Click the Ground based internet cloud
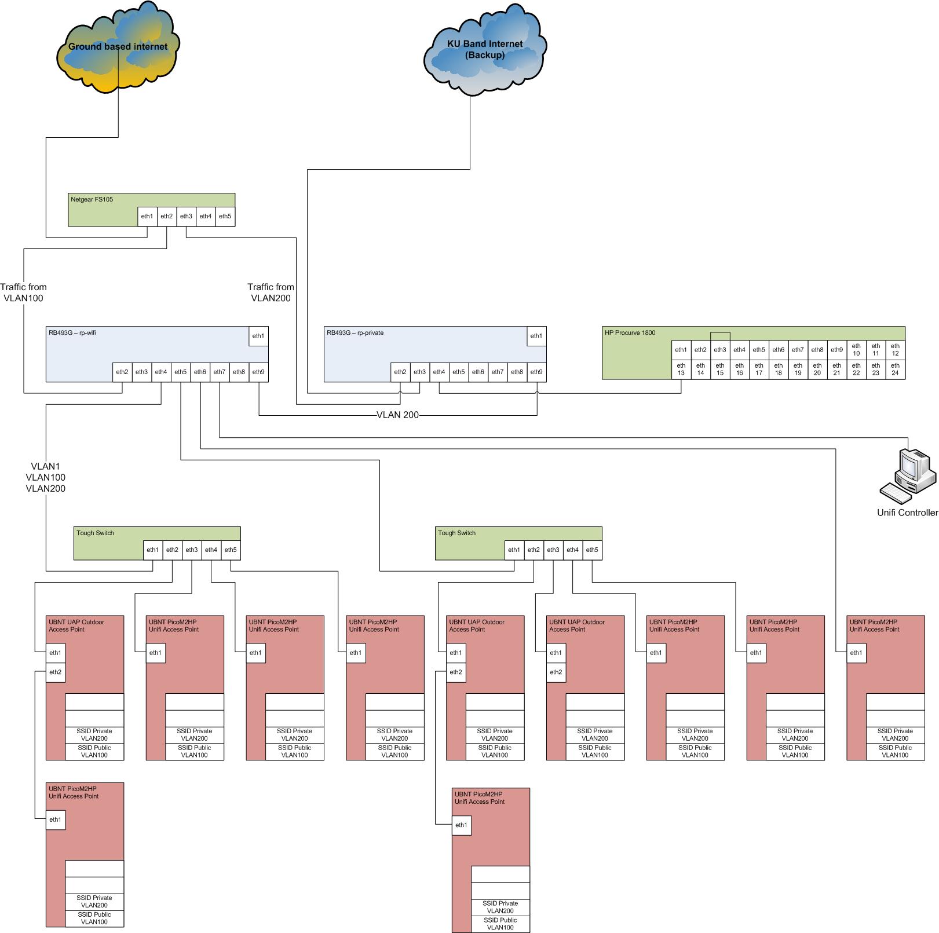click(118, 49)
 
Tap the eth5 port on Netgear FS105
click(225, 217)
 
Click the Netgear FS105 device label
click(92, 199)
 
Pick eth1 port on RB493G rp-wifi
click(258, 336)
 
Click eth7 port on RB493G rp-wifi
click(220, 372)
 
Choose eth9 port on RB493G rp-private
click(536, 372)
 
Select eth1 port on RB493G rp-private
click(536, 336)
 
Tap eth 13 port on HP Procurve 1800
click(681, 369)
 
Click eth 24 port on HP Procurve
click(895, 369)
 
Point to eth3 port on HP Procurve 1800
click(720, 350)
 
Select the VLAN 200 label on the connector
click(397, 415)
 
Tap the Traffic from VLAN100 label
click(24, 292)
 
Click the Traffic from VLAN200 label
click(271, 292)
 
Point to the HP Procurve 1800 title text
click(630, 333)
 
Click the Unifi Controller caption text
click(907, 513)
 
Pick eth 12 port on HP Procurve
click(895, 350)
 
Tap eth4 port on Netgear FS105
click(206, 217)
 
